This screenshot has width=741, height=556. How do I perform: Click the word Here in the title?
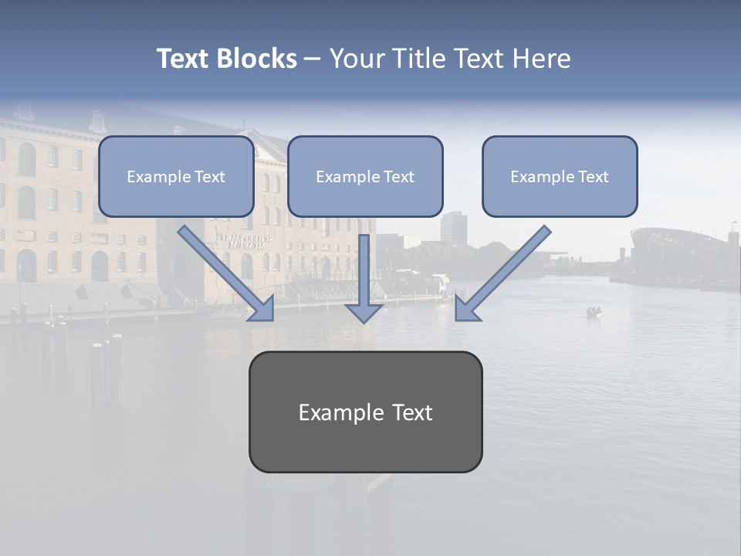pyautogui.click(x=540, y=59)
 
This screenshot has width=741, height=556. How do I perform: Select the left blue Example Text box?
pyautogui.click(x=176, y=177)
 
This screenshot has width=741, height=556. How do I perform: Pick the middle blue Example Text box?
pyautogui.click(x=365, y=177)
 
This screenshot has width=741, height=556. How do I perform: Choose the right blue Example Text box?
pyautogui.click(x=560, y=177)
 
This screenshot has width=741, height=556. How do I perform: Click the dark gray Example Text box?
pyautogui.click(x=365, y=412)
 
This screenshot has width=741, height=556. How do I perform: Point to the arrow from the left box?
pyautogui.click(x=224, y=271)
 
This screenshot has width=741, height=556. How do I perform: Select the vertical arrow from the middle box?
pyautogui.click(x=364, y=278)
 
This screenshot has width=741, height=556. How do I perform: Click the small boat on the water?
pyautogui.click(x=594, y=312)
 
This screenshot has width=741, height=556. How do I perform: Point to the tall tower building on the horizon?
pyautogui.click(x=451, y=228)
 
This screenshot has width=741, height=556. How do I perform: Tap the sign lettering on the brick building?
pyautogui.click(x=245, y=240)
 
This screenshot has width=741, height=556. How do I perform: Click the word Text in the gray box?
pyautogui.click(x=411, y=412)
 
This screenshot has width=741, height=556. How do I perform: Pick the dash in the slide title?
pyautogui.click(x=313, y=59)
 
